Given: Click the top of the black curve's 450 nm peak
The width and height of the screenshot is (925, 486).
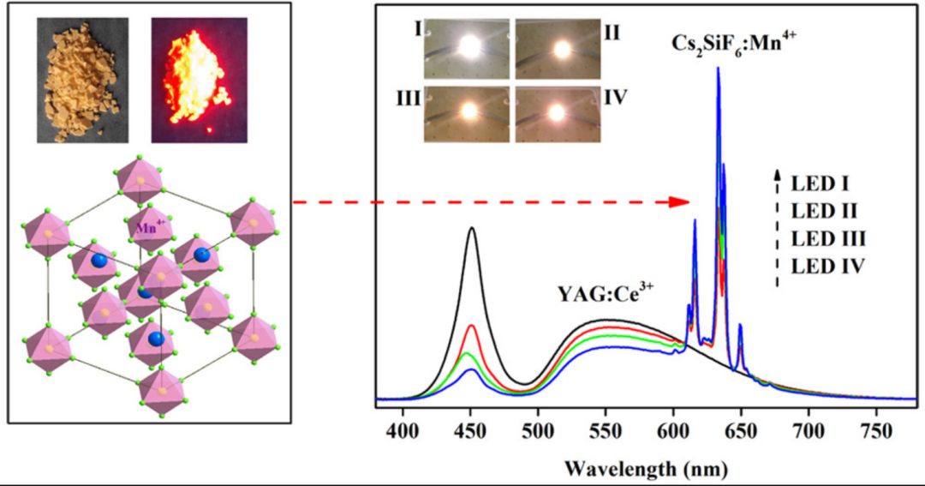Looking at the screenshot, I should click(x=471, y=228).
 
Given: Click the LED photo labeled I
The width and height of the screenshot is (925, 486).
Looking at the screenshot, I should click(x=466, y=50).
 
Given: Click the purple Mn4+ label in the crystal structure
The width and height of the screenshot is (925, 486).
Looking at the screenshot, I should click(x=148, y=228).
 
